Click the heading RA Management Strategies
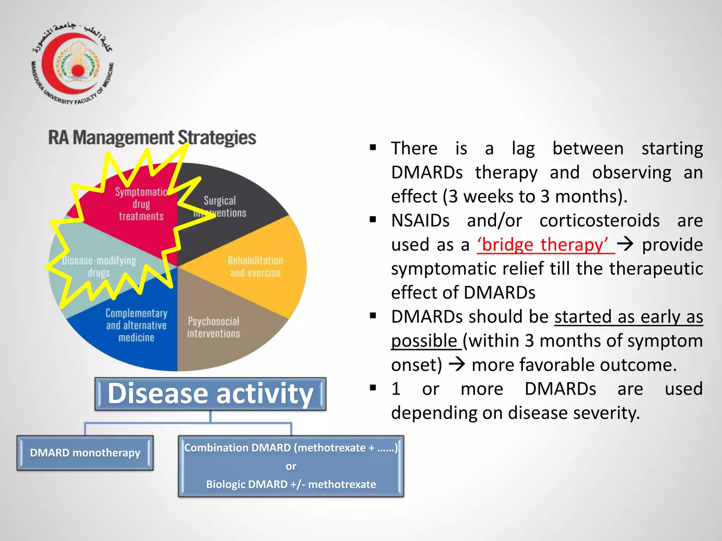click(x=152, y=138)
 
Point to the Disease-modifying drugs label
click(x=99, y=267)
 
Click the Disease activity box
click(x=210, y=394)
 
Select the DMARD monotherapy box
click(x=85, y=453)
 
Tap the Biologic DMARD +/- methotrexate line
click(x=291, y=484)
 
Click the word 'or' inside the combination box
click(x=291, y=466)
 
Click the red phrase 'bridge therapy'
click(x=545, y=245)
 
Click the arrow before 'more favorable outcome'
click(x=457, y=365)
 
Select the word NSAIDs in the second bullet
click(x=420, y=221)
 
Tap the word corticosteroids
click(x=599, y=221)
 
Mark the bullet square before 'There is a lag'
click(x=373, y=147)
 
